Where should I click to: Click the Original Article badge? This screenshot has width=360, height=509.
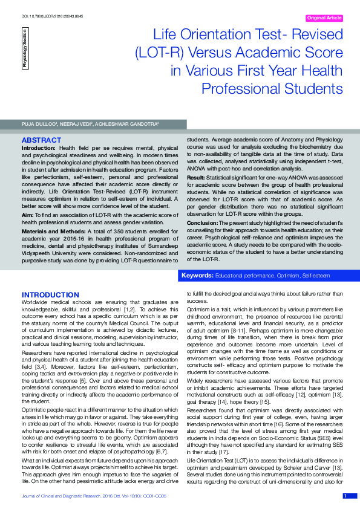pyautogui.click(x=325, y=18)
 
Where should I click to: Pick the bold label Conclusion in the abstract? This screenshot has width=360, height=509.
pyautogui.click(x=205, y=222)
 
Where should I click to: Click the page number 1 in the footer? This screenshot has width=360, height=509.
pyautogui.click(x=345, y=496)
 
